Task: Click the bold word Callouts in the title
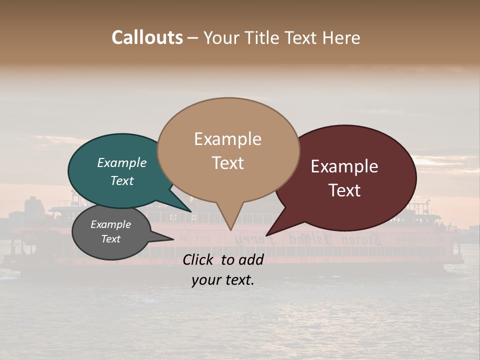[147, 38]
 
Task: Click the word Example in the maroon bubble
[344, 166]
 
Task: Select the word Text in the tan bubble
[228, 163]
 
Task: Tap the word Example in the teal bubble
[122, 163]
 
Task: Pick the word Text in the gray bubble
[111, 239]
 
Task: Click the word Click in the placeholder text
[199, 259]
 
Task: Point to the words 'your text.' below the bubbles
[223, 280]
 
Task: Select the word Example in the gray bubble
[111, 224]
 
